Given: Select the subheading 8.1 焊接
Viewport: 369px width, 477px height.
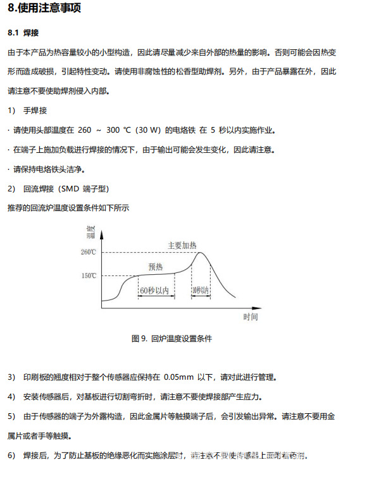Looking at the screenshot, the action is pyautogui.click(x=23, y=32).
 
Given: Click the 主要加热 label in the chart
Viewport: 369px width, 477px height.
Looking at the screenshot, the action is pyautogui.click(x=182, y=245).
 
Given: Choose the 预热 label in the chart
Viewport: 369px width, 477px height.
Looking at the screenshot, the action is pyautogui.click(x=156, y=267).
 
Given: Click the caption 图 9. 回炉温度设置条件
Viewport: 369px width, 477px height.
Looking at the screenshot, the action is pyautogui.click(x=172, y=339).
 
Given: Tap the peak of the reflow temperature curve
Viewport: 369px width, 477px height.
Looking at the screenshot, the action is pyautogui.click(x=201, y=253).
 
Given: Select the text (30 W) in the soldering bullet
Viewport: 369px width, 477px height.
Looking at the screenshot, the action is pyautogui.click(x=147, y=131).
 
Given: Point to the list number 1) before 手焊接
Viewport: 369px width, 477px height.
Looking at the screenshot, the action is pyautogui.click(x=11, y=111).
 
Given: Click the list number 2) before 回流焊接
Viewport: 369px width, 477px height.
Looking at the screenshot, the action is pyautogui.click(x=11, y=189).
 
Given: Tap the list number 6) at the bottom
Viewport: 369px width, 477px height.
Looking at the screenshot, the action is pyautogui.click(x=11, y=456).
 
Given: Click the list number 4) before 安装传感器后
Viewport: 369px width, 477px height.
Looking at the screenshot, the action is pyautogui.click(x=11, y=397).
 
